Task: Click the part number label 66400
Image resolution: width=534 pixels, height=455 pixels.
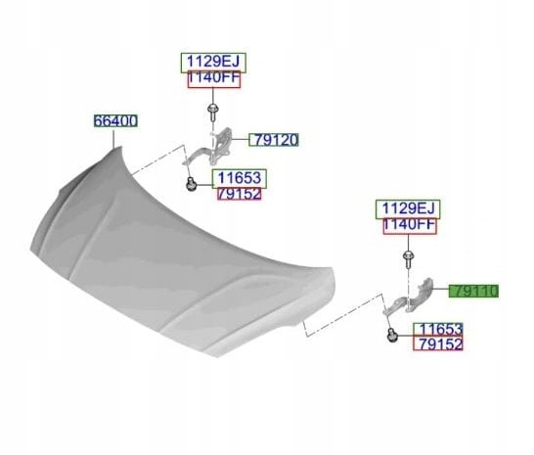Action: (x=115, y=121)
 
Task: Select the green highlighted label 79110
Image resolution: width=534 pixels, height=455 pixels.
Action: (x=473, y=291)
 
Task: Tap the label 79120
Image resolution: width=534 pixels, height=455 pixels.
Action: (x=274, y=140)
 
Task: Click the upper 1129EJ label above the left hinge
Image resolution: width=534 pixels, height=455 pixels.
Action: (x=213, y=63)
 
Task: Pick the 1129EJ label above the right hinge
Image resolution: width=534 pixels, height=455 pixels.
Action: (x=408, y=209)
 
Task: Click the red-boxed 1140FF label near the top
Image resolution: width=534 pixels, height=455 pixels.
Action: (x=214, y=79)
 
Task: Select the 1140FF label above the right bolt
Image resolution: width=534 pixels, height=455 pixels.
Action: (x=410, y=226)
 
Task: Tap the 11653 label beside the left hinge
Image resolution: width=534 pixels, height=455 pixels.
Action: (x=240, y=179)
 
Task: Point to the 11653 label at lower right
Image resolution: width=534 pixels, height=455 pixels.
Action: (x=438, y=329)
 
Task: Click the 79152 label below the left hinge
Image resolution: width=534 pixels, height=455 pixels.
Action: (x=240, y=194)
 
